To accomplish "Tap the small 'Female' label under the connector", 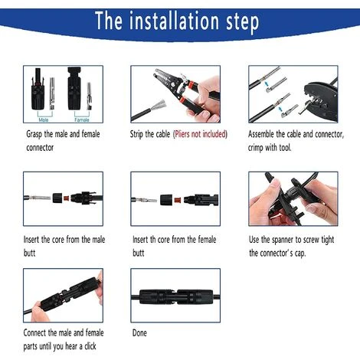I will coord(81,119).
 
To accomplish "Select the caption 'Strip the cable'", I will coord(150,133).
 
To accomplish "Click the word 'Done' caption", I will coord(139,333).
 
